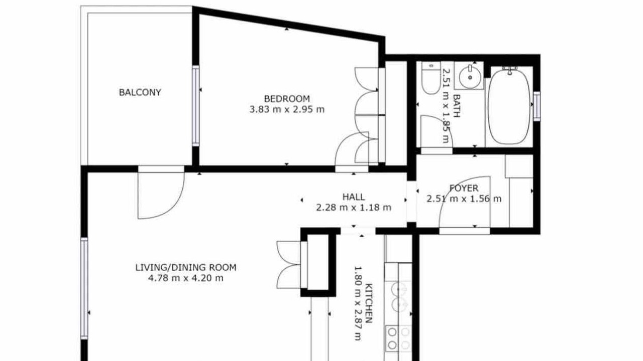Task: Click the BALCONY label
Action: pyautogui.click(x=140, y=92)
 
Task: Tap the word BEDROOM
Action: pyautogui.click(x=287, y=99)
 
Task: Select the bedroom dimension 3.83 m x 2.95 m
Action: pyautogui.click(x=287, y=109)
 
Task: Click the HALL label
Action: pyautogui.click(x=354, y=197)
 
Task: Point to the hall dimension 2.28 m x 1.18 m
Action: pyautogui.click(x=354, y=208)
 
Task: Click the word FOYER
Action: pyautogui.click(x=464, y=188)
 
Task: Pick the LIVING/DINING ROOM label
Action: pyautogui.click(x=186, y=268)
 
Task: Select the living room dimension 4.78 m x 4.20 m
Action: pyautogui.click(x=186, y=278)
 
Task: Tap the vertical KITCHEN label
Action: pyautogui.click(x=369, y=303)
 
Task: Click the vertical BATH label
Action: pyautogui.click(x=456, y=106)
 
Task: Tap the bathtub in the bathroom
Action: pyautogui.click(x=509, y=106)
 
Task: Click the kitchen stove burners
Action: pyautogui.click(x=398, y=338)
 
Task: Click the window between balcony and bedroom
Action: pyautogui.click(x=195, y=106)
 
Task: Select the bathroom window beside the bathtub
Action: pyautogui.click(x=537, y=106)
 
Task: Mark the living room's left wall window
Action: pyautogui.click(x=84, y=288)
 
